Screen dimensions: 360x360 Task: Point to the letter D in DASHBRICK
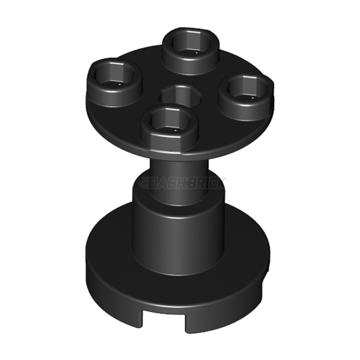click(x=157, y=183)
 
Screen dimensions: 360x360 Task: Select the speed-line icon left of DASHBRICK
click(x=145, y=183)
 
